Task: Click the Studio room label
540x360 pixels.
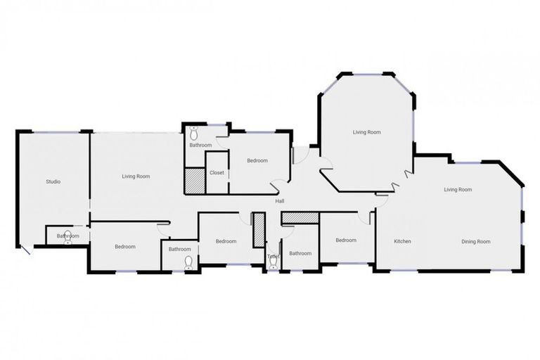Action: pyautogui.click(x=53, y=181)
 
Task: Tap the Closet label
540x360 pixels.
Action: pyautogui.click(x=217, y=172)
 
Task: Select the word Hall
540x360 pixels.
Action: pyautogui.click(x=280, y=202)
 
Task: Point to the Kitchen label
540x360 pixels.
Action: pyautogui.click(x=402, y=241)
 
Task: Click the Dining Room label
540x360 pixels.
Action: pyautogui.click(x=475, y=241)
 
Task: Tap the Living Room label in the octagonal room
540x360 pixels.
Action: pyautogui.click(x=366, y=132)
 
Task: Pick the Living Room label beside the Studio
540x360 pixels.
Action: pyautogui.click(x=136, y=176)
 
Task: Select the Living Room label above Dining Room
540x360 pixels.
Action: pyautogui.click(x=457, y=189)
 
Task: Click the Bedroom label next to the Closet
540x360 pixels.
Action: pyautogui.click(x=257, y=160)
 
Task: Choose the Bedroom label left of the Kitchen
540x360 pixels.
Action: pyautogui.click(x=346, y=240)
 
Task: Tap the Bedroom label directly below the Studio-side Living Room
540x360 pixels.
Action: pyautogui.click(x=125, y=246)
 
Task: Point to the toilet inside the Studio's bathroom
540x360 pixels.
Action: pyautogui.click(x=68, y=237)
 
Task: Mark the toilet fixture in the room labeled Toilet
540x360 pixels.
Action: pyautogui.click(x=273, y=263)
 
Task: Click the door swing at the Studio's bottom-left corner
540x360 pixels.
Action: pyautogui.click(x=25, y=250)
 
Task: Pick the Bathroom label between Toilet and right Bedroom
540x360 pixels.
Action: pyautogui.click(x=300, y=253)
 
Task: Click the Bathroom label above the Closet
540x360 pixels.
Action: pyautogui.click(x=200, y=146)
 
